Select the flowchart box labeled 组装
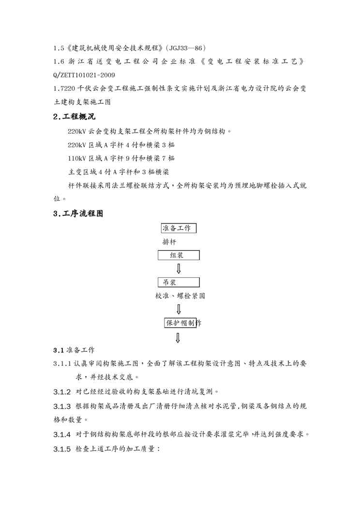(x=179, y=255)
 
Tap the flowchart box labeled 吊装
(x=179, y=282)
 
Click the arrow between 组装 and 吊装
(x=179, y=269)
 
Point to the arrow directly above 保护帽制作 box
(x=179, y=309)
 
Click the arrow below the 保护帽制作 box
(x=178, y=338)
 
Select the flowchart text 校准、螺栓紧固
(x=180, y=295)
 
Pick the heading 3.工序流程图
(x=78, y=213)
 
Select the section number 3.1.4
(x=62, y=434)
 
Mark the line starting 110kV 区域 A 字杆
(x=121, y=158)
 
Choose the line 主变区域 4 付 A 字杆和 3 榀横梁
(x=119, y=172)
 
